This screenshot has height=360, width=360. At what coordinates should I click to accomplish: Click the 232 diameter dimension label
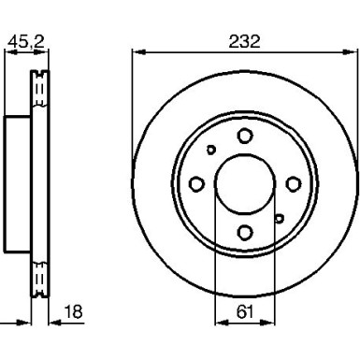(x=244, y=41)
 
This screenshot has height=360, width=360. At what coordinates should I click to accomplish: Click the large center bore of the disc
(x=244, y=182)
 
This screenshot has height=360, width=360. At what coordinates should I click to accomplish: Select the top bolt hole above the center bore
(x=244, y=137)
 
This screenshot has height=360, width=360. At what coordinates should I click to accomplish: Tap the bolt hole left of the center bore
(x=197, y=183)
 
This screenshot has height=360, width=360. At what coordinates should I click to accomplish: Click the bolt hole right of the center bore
(x=292, y=183)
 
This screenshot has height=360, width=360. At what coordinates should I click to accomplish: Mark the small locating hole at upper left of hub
(x=211, y=150)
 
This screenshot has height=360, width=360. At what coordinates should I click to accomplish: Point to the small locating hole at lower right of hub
(x=278, y=218)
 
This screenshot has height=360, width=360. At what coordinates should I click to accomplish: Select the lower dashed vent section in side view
(x=40, y=278)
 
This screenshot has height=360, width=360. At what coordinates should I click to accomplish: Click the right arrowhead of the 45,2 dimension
(x=44, y=52)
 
